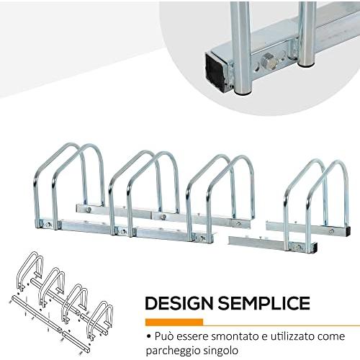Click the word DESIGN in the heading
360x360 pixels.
[x=179, y=303]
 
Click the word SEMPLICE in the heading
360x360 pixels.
[x=264, y=303]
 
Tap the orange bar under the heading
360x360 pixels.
[x=174, y=322]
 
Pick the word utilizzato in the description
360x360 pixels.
[x=293, y=336]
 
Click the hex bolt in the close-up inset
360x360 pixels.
[x=268, y=61]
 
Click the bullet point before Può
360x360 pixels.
[x=149, y=337]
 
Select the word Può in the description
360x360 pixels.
[x=164, y=336]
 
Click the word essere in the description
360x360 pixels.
[x=192, y=336]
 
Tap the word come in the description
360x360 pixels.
[x=331, y=337]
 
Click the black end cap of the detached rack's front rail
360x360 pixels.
[x=315, y=247]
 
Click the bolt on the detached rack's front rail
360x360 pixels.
[x=298, y=246]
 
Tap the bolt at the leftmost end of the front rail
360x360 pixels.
[x=48, y=225]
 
